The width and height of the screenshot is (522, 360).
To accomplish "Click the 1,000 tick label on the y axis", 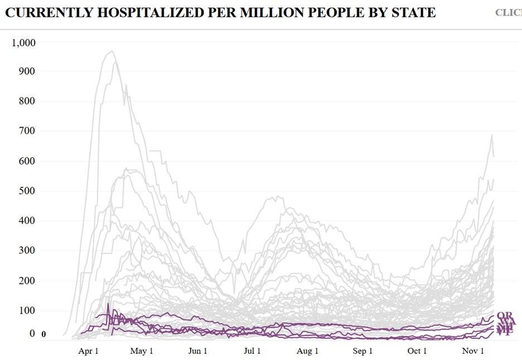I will pos(23,42).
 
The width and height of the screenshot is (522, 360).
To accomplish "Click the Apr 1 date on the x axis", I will pos(88,351).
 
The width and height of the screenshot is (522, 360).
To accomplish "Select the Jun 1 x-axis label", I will pos(197,351).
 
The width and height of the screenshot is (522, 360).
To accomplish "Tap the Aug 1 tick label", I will pos(307,351).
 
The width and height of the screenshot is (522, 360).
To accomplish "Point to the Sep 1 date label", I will pos(362,351).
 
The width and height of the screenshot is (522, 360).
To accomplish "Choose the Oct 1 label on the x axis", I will pos(417,351).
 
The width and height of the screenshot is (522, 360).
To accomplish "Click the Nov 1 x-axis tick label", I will pos(472,351).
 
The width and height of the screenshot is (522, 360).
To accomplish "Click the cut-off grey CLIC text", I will pos(508,13).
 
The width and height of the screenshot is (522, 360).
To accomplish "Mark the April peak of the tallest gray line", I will pos(112,51).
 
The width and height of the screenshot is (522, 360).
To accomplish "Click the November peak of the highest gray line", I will pos(492,135).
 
